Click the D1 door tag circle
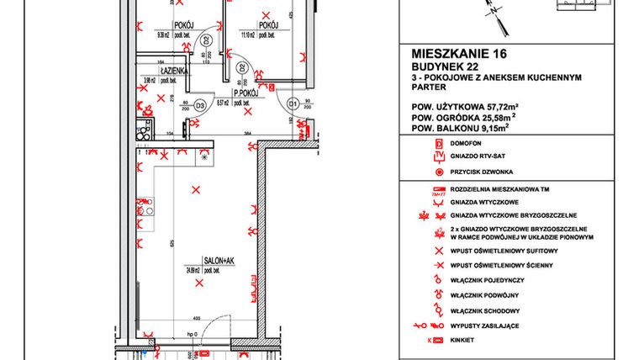293,104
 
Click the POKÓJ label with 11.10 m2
267,25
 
